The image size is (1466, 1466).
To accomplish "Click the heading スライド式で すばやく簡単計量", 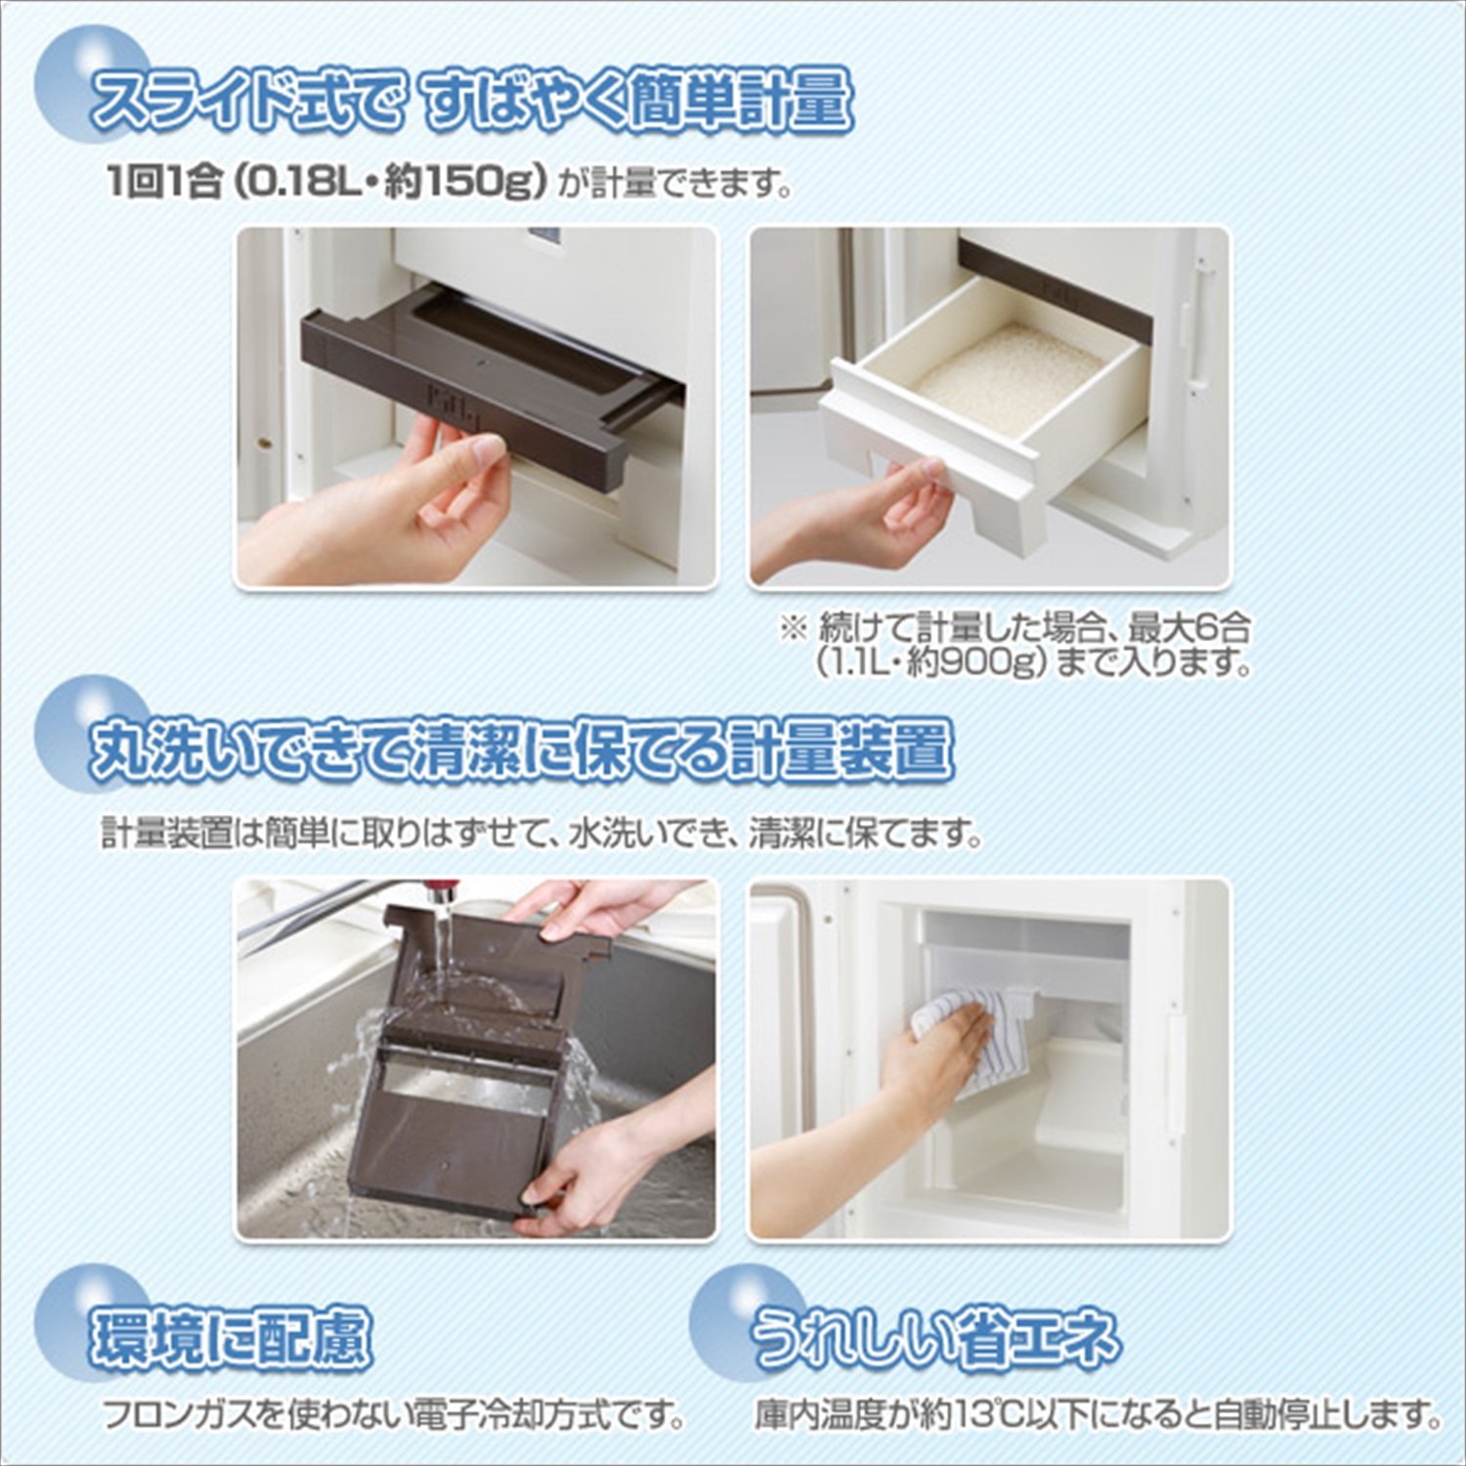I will tap(469, 101).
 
